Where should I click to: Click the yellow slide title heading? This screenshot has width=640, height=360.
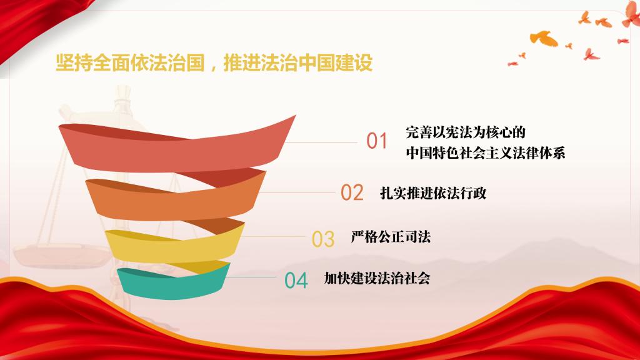click(x=214, y=63)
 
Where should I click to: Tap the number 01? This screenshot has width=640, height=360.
click(x=376, y=141)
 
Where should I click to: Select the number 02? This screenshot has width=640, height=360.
click(x=352, y=192)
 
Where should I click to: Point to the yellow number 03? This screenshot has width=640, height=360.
click(x=323, y=239)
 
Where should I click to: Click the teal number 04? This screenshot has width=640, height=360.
click(x=296, y=281)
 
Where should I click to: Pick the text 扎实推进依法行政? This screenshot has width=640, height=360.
click(x=433, y=193)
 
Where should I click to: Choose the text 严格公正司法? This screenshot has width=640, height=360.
click(x=391, y=237)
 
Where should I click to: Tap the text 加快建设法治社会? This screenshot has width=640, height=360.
click(x=377, y=278)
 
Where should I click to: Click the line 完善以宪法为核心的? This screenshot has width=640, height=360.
click(x=465, y=132)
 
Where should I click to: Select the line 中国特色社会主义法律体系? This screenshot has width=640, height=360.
click(x=485, y=153)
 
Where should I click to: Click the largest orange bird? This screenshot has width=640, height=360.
click(x=544, y=38)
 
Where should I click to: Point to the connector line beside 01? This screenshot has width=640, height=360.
click(x=322, y=142)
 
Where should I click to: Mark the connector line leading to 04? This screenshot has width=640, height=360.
click(x=251, y=277)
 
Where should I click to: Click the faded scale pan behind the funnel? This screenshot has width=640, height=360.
click(x=61, y=255)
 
